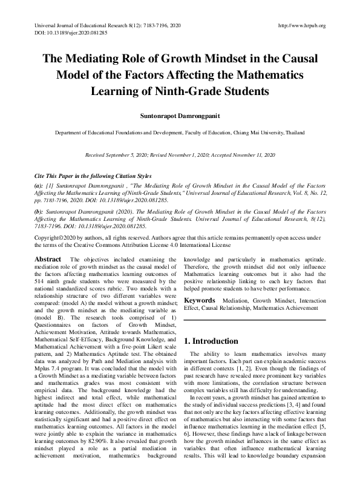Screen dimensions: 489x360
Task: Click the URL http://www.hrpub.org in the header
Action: pyautogui.click(x=301, y=25)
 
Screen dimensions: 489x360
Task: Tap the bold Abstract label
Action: pyautogui.click(x=48, y=260)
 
